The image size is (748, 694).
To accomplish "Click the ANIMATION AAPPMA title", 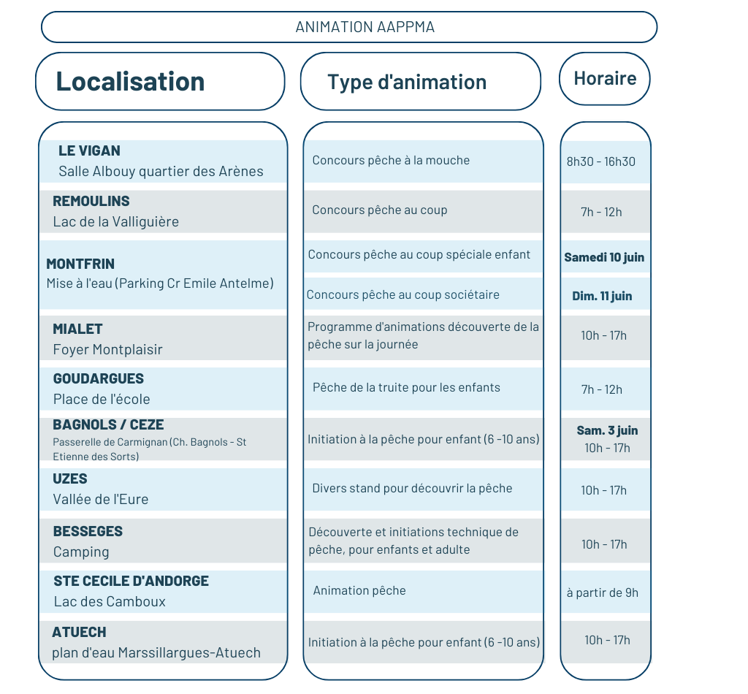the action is pos(365,27).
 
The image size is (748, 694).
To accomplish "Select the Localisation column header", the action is pos(130,81).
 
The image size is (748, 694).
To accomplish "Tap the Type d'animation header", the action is pos(407,82).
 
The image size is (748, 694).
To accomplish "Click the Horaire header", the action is pos(605,78).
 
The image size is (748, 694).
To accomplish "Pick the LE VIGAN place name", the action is pos(89,150).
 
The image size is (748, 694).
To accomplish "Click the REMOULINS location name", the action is pos(91,202).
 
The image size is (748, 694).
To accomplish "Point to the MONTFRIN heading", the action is pos(80,264).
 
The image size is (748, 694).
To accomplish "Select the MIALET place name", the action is pos(77,329).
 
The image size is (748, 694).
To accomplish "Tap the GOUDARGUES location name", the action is pos(99,378).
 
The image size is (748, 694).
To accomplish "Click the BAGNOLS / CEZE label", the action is pos(108,424).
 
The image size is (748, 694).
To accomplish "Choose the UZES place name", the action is pos(70,479).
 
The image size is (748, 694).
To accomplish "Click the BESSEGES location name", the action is pos(88,531).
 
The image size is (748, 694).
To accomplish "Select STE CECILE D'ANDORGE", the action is pos(131,581).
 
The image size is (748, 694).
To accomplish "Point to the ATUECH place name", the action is pos(79,632).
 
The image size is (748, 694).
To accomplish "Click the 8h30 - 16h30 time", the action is pos(601,161).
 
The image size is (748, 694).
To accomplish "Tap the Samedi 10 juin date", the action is pos(604,258).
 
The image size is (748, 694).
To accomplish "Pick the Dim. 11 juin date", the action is pos(602,296).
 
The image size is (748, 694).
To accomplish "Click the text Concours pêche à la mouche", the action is pos(391,160).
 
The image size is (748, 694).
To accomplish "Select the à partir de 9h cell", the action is pos(603,593).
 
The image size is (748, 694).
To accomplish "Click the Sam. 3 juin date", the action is pos(607,431).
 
